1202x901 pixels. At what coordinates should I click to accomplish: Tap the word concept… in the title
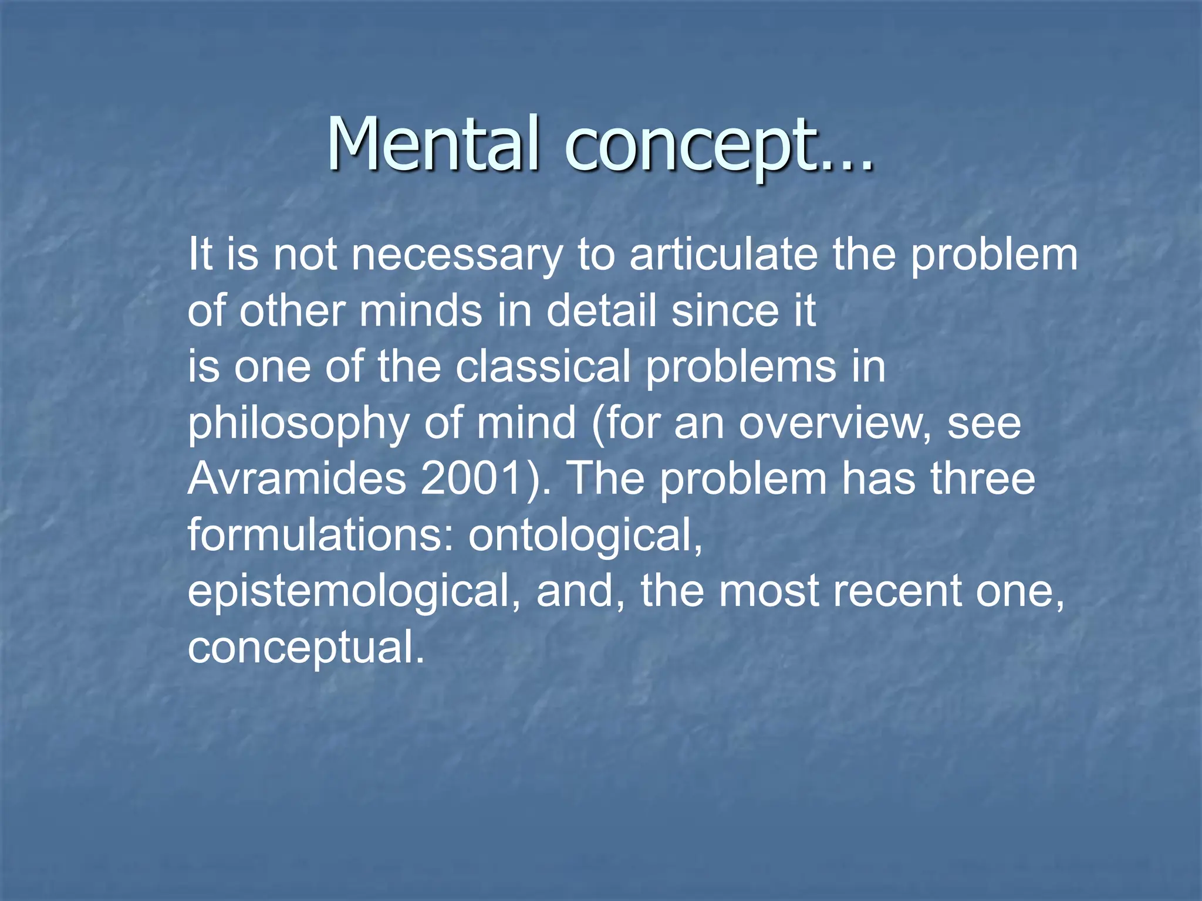click(718, 145)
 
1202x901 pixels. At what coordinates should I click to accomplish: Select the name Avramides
click(297, 478)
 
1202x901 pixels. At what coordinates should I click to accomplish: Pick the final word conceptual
click(305, 648)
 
